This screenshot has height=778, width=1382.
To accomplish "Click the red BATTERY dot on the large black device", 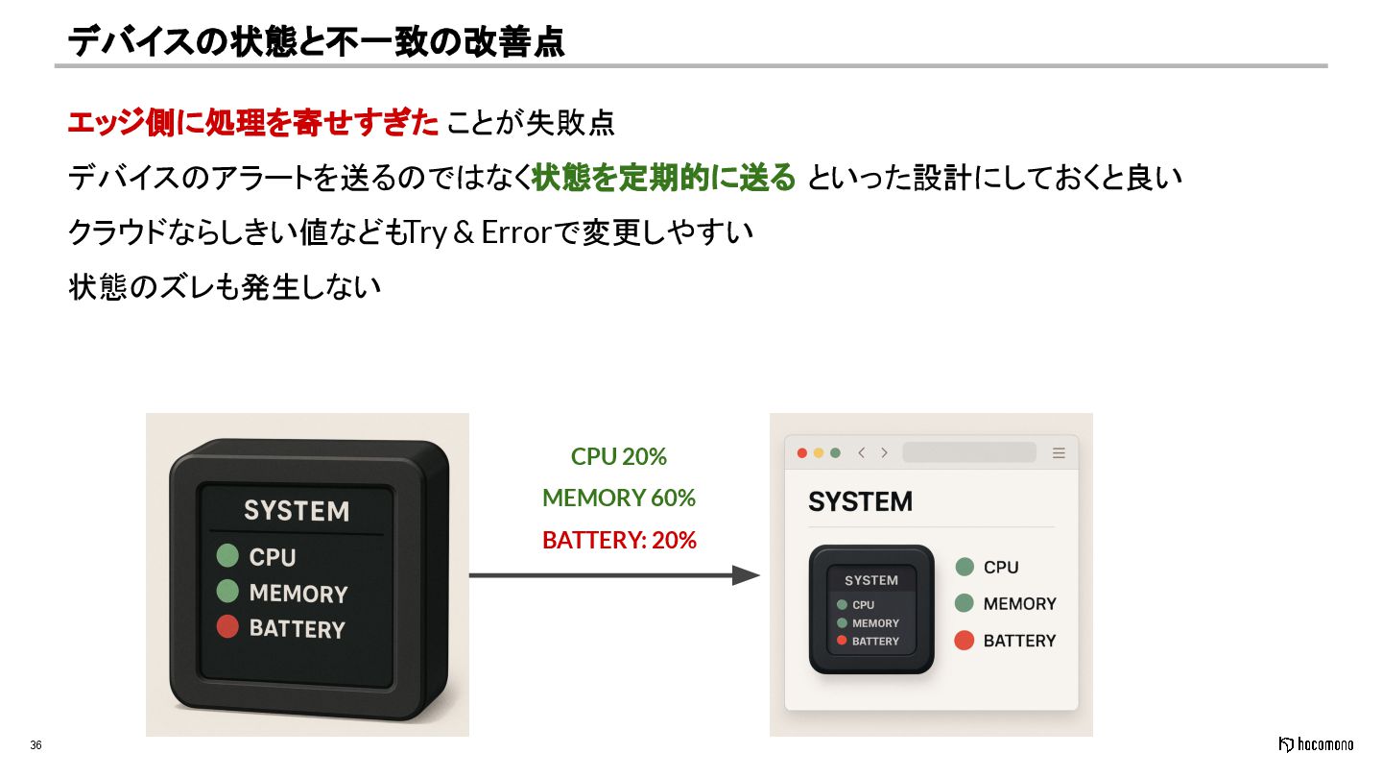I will [x=227, y=628].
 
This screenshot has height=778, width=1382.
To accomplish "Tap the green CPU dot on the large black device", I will [x=227, y=555].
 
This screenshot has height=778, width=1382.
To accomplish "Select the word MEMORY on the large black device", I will [x=298, y=593].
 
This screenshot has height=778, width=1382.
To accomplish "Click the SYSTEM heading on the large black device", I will [x=297, y=510].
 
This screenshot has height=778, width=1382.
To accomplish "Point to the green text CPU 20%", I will [x=619, y=456].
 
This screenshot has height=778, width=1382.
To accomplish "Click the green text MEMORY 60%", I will [x=619, y=498].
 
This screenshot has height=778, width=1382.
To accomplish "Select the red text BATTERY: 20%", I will [x=619, y=540].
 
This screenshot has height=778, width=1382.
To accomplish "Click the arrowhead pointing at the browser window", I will [x=746, y=575].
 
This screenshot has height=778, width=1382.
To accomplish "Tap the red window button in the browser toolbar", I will [x=802, y=453].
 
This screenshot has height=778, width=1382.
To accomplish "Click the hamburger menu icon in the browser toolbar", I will [x=1059, y=453].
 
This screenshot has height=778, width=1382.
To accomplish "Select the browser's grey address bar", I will [x=969, y=452].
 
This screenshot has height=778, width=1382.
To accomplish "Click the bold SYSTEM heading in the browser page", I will [x=860, y=501].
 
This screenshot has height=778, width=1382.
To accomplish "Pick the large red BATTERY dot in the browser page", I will [x=965, y=641].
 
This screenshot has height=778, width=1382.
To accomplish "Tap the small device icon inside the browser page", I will [x=871, y=609].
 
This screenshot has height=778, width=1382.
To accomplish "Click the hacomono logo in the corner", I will [x=1316, y=744].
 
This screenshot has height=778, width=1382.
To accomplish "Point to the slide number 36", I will [x=36, y=745].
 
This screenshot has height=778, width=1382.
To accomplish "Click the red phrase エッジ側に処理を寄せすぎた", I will [x=252, y=123].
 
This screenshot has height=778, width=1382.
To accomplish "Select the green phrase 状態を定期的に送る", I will [x=664, y=178].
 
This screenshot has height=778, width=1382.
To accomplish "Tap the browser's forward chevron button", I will [x=884, y=453].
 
